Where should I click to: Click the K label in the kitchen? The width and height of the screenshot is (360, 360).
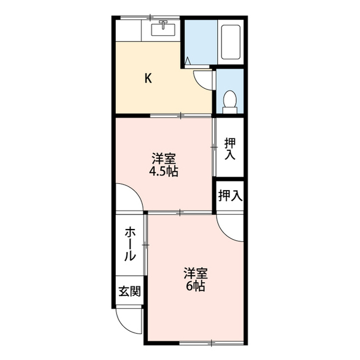tap(148, 79)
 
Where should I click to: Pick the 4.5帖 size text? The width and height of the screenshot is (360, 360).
tap(163, 172)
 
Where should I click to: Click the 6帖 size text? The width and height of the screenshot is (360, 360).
tap(196, 286)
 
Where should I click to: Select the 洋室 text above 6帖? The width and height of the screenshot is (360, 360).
tap(196, 274)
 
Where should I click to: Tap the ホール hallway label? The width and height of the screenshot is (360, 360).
tap(130, 244)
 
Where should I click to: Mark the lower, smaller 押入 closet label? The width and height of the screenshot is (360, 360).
tap(230, 196)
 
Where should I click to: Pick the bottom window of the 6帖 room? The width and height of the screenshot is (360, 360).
tap(211, 342)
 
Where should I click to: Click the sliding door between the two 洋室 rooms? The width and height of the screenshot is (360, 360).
tap(180, 212)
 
